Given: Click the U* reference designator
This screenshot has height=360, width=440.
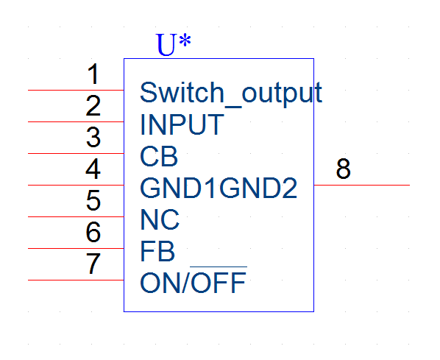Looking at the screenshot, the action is tap(174, 44).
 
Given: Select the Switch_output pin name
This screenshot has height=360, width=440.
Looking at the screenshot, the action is tap(231, 93).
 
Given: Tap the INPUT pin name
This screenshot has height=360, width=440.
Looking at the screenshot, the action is tap(182, 124).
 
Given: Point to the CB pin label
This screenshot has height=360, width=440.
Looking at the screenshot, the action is tap(159, 156).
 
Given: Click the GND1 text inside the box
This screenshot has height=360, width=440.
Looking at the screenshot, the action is tap(179, 188).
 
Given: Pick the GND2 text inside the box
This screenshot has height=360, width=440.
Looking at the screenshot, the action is tap(258, 188).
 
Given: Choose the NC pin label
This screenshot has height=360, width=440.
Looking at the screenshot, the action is tap(160, 219).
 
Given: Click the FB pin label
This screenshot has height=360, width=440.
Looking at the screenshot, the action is tap(157, 251).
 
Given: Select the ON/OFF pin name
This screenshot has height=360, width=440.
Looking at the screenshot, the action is tap(194, 282).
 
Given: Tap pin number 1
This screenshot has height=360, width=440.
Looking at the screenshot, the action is tap(93, 74).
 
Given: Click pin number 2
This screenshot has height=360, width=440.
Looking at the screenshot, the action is tap(93, 105).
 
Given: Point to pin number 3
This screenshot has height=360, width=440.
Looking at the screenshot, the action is tap(93, 138).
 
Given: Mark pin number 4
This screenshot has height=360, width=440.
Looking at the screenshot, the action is tap(93, 169).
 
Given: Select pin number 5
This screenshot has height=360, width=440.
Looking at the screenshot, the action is tap(93, 200).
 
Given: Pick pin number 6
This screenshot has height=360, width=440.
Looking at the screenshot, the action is tap(93, 232).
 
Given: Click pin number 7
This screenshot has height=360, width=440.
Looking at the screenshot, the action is tap(93, 264).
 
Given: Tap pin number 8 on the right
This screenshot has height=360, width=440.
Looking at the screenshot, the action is tap(343, 169).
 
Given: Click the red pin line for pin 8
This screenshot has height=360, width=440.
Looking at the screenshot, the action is tap(362, 185).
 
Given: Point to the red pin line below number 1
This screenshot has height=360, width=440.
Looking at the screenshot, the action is tap(76, 90).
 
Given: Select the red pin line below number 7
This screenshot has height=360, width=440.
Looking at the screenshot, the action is tap(76, 280).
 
